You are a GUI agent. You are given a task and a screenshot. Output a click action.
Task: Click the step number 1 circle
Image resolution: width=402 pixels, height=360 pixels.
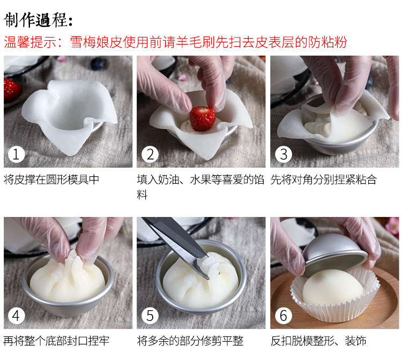16,155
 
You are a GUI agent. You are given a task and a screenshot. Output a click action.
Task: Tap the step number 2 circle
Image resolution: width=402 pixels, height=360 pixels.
150,155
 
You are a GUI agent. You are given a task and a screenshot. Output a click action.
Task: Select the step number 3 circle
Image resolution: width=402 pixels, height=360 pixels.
284,155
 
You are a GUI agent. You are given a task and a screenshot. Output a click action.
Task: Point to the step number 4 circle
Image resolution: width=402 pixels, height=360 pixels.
16,316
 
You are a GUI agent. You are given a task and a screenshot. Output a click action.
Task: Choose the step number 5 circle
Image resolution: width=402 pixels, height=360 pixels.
150,316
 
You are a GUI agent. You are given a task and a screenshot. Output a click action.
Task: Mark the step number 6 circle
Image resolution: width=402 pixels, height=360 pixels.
284,316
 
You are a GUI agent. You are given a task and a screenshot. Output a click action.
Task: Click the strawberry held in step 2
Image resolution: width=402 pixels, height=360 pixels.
203,118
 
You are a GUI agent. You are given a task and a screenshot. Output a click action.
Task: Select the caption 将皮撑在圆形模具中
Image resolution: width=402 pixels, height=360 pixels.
51,179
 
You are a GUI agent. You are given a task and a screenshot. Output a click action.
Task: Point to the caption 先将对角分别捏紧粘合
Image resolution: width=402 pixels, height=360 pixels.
324,179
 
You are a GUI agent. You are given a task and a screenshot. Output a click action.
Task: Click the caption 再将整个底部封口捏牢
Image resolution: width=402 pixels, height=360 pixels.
56,341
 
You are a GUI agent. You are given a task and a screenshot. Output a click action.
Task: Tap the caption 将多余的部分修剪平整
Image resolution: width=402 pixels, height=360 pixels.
190,341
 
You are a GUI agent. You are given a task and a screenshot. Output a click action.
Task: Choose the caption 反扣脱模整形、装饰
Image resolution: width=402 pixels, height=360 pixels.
318,341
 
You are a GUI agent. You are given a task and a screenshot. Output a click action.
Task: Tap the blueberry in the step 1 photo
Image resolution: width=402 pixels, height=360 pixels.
99,64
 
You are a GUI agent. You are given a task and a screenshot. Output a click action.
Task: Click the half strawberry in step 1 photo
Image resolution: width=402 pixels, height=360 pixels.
10,89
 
